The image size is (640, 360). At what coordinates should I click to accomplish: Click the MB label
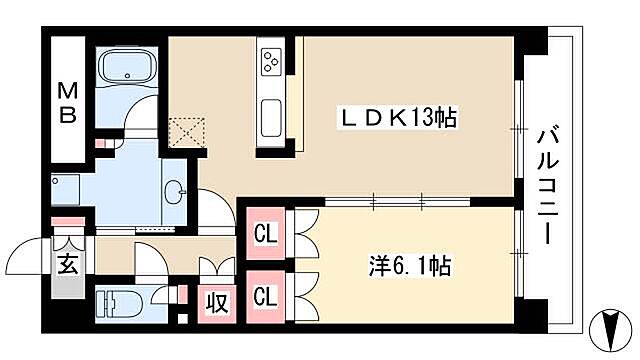(x=67, y=101)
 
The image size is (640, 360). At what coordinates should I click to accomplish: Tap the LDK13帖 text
(x=395, y=118)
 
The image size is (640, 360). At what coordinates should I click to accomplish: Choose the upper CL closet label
(x=265, y=236)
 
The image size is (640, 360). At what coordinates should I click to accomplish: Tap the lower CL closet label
(x=265, y=295)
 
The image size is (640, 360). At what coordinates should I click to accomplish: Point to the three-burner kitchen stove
(x=270, y=62)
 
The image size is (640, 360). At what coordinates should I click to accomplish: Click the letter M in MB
(x=67, y=89)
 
